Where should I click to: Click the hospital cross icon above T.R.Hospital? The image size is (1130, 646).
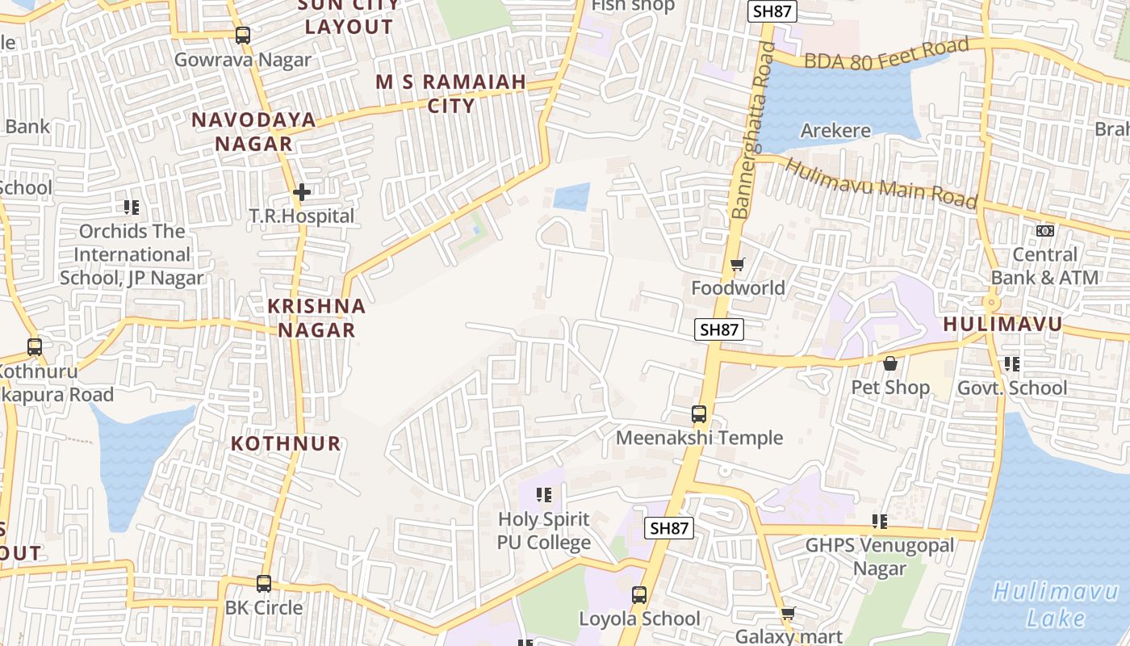click(x=301, y=192)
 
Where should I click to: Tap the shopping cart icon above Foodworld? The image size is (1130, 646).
click(x=737, y=264)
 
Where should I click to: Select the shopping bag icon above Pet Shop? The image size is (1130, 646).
click(x=890, y=363)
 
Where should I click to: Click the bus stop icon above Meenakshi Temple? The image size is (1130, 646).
click(x=699, y=414)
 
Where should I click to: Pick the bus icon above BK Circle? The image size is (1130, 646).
click(x=264, y=583)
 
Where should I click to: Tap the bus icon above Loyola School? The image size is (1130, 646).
click(x=639, y=595)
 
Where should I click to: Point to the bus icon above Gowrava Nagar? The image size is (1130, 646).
click(x=242, y=36)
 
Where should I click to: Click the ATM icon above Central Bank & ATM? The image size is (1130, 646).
click(x=1044, y=231)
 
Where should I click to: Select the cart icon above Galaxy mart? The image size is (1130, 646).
click(x=788, y=614)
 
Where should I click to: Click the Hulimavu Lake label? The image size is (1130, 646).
click(x=1044, y=605)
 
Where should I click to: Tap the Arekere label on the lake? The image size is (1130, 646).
click(x=835, y=131)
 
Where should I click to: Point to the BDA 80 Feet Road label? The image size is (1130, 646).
click(x=886, y=54)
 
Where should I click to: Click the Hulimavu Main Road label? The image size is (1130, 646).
click(x=881, y=183)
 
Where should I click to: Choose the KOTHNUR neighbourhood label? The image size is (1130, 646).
click(x=286, y=443)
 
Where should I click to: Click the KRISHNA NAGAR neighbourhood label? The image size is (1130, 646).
click(x=316, y=318)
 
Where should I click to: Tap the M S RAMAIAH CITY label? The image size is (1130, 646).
click(x=451, y=93)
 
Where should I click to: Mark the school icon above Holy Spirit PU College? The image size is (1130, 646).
click(x=544, y=494)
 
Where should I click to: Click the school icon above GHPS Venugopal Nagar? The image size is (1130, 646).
click(x=880, y=522)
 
